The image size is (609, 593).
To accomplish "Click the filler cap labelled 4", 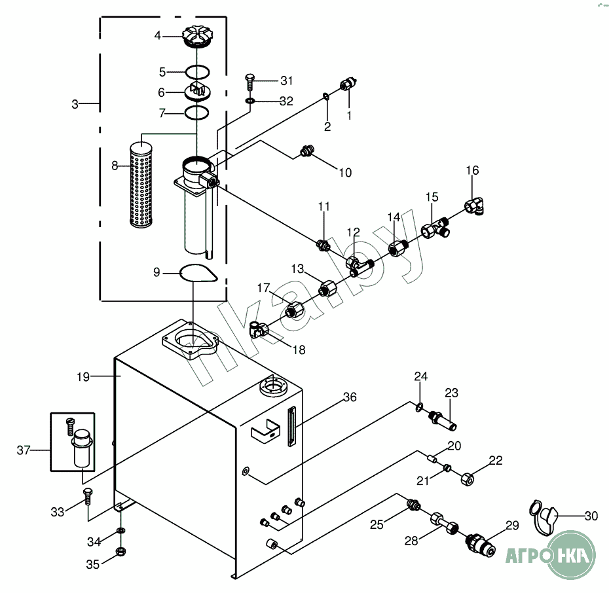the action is coord(197,37).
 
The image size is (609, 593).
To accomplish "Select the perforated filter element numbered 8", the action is coord(141,185).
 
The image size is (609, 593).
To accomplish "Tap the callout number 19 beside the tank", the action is coord(84,377).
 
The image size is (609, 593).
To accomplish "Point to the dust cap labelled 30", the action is coord(544,517).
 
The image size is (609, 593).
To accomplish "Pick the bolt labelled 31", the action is coord(249,82).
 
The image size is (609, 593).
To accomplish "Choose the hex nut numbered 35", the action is coord(120,552).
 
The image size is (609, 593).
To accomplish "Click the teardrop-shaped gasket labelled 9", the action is coord(198,273).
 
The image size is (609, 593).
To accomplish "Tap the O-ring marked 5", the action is coord(198,72).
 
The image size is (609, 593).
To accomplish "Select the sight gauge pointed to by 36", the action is coord(291,426).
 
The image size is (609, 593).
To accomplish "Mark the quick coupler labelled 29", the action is coord(481,545).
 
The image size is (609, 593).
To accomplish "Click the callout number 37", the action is coord(24,450).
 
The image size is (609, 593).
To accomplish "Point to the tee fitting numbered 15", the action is coord(435,228).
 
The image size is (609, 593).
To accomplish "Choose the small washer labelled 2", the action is coord(326,96).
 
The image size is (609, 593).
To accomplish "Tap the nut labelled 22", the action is coord(468,480).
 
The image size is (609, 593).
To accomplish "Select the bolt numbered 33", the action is coord(88,496).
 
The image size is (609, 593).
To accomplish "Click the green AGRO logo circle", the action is coord(571,555).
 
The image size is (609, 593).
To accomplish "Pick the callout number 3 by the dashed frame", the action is coord(75,104).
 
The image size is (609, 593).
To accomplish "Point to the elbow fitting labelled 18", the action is coord(258,330).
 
